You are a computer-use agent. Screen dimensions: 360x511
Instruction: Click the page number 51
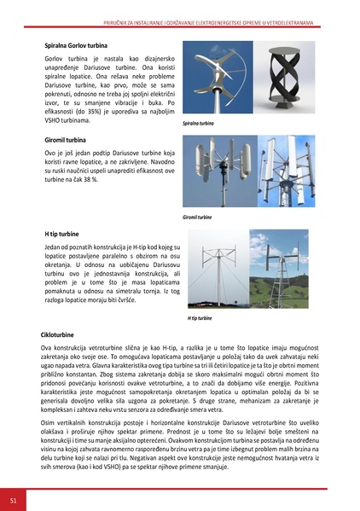[x=13, y=497]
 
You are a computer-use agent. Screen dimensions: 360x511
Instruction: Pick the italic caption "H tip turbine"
[x=200, y=318]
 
